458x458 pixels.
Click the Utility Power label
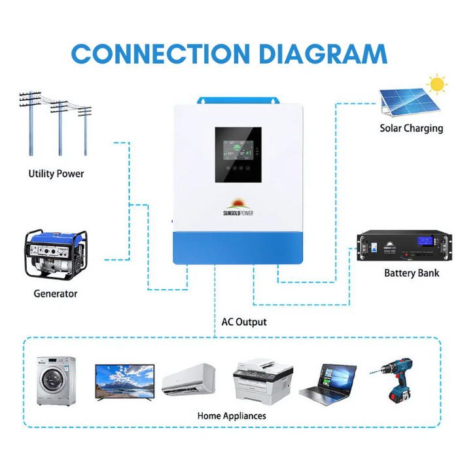click(56, 174)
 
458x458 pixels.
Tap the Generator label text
click(56, 294)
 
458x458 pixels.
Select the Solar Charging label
click(411, 128)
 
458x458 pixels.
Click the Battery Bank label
click(412, 273)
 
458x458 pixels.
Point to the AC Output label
click(244, 322)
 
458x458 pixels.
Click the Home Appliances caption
click(232, 415)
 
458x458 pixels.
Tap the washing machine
click(56, 382)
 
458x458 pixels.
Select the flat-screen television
click(125, 381)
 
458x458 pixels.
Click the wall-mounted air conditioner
click(188, 379)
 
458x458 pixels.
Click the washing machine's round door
click(54, 385)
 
